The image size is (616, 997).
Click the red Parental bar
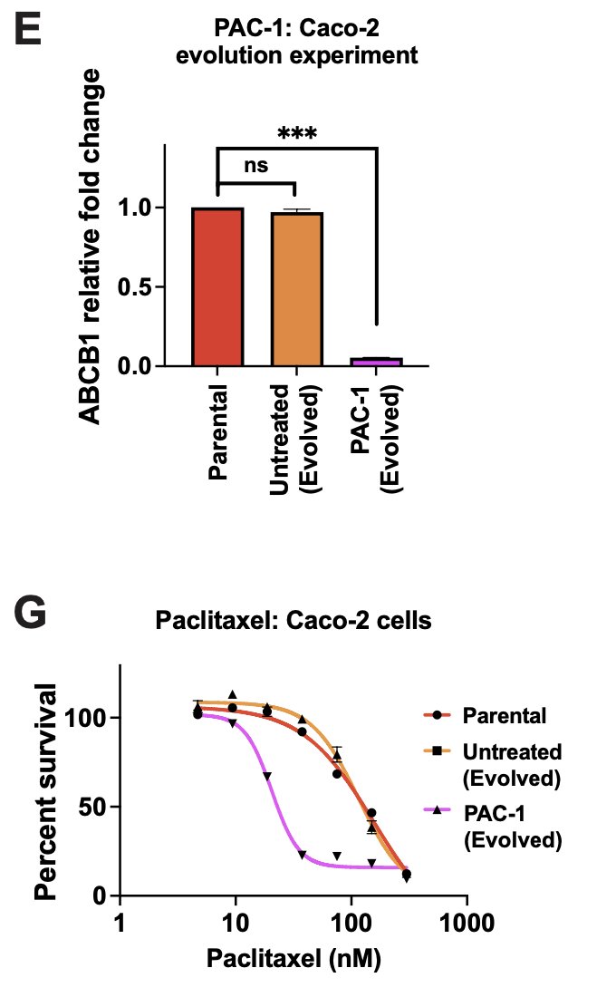[217, 286]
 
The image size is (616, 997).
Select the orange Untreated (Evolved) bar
[296, 288]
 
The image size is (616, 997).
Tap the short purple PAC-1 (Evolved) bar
[376, 362]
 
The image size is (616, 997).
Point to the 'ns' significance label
[255, 167]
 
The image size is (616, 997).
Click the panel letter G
[33, 617]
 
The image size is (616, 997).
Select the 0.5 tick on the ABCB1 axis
[137, 287]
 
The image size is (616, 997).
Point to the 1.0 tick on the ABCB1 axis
[137, 208]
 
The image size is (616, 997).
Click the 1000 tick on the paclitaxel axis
[467, 925]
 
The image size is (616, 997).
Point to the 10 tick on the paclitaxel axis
[235, 925]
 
